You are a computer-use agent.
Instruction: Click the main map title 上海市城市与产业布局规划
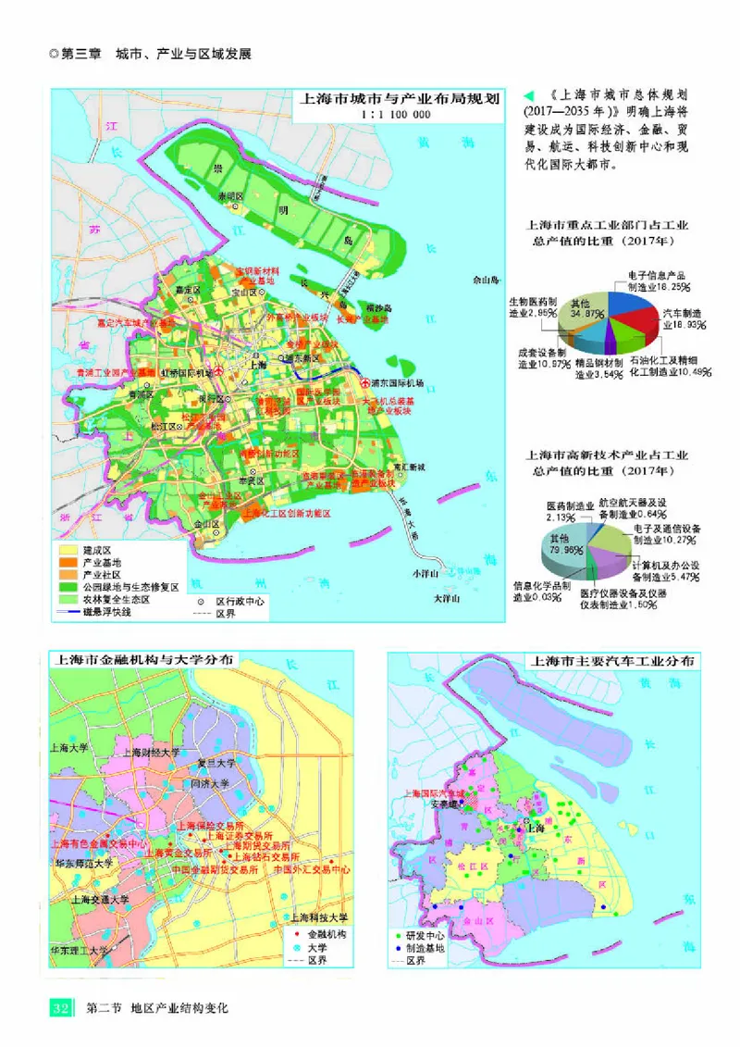[397, 99]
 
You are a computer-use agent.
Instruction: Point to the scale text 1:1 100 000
[396, 115]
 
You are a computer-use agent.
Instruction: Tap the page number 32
[60, 1007]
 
